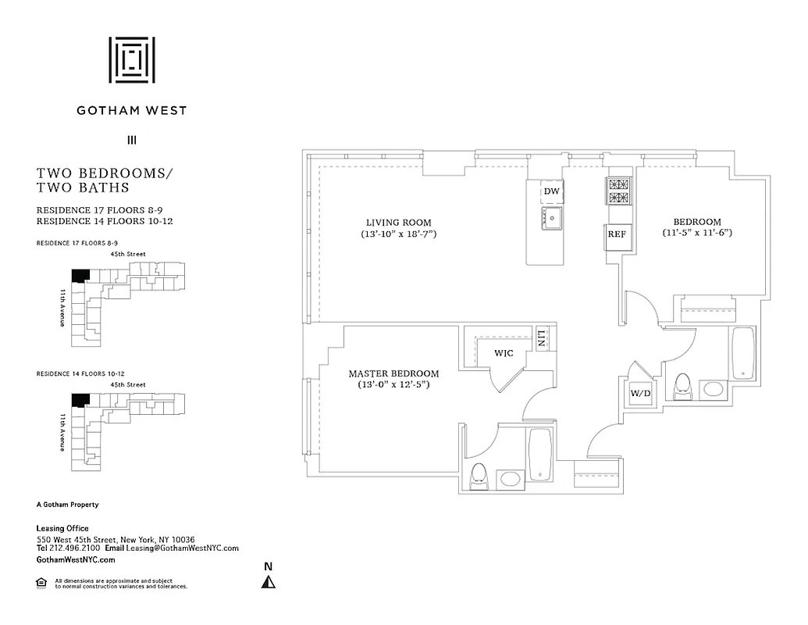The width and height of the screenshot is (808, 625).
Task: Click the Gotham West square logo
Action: pos(131,59)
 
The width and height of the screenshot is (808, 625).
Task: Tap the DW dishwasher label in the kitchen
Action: pos(551,191)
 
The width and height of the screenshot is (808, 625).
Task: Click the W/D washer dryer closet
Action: pos(640,394)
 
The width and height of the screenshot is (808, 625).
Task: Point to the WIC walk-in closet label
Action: pos(504,353)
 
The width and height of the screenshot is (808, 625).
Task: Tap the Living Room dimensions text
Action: pos(398,234)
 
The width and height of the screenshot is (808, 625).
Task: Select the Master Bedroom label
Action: pos(393,373)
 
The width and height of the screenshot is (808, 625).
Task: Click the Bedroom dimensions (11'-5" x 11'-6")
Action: pos(697,233)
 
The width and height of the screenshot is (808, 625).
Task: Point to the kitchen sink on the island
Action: pos(552,219)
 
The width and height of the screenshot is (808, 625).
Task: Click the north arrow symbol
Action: pos(268,581)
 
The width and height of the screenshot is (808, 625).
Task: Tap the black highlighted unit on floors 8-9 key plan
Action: pos(80,276)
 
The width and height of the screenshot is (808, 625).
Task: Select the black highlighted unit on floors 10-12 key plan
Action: pos(80,400)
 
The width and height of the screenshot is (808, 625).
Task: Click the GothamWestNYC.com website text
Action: pos(76,560)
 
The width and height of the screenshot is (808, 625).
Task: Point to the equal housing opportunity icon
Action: pos(41,582)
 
